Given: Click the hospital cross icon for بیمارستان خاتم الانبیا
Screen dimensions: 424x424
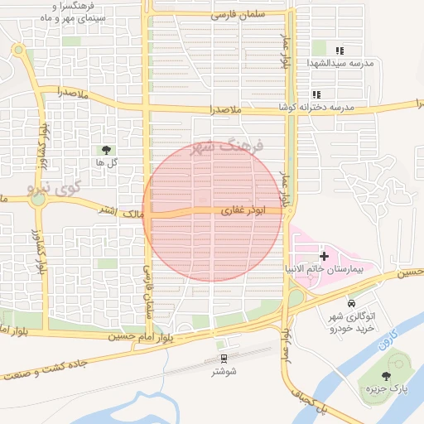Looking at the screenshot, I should (324, 257).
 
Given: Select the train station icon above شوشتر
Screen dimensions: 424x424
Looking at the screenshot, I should (223, 358).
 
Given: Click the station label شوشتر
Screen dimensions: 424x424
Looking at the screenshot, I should (224, 371).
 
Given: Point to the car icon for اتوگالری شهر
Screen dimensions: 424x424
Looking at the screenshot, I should (352, 303).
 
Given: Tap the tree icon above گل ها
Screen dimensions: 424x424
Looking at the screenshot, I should (105, 150).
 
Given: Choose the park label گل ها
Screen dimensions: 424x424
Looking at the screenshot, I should (105, 162).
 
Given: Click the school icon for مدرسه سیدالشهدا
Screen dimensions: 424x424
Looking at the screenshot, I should (340, 50).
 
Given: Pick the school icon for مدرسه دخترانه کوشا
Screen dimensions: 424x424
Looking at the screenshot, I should (316, 95).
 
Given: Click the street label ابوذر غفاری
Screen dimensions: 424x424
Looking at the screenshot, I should (242, 212).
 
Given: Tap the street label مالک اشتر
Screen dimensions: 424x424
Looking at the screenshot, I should (118, 212).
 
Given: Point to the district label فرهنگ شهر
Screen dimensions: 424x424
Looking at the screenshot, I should (225, 146).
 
